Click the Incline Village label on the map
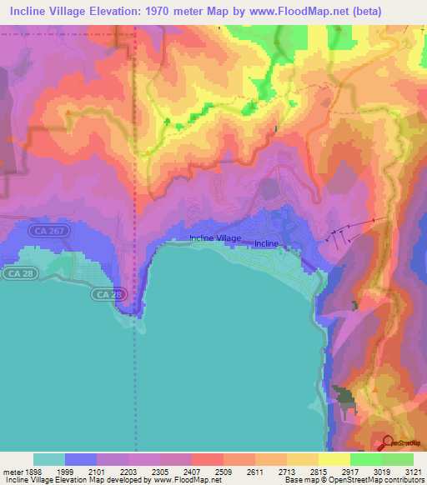point(215,238)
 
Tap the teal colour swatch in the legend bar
point(49,458)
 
